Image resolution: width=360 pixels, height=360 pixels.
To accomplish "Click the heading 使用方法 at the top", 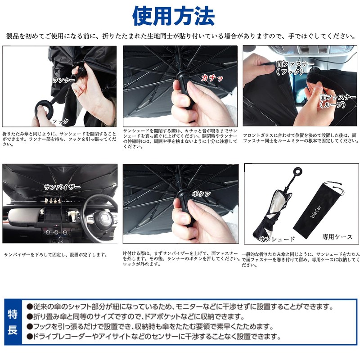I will click(173, 16).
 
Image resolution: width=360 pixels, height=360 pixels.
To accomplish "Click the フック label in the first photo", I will click(60, 121).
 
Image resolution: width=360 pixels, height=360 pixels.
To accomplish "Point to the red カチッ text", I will click(212, 77).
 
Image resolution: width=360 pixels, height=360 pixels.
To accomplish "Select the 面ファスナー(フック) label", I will click(295, 67).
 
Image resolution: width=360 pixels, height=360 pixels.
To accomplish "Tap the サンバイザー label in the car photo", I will click(62, 186).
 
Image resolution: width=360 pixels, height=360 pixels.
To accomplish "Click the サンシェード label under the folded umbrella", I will click(278, 239).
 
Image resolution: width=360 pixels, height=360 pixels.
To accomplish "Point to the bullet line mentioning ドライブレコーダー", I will click(153, 336).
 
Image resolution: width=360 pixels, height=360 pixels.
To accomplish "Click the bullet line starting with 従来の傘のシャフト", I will click(180, 307).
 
